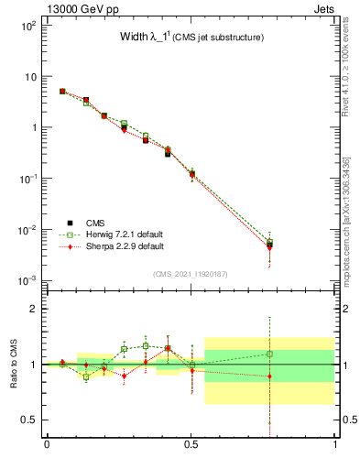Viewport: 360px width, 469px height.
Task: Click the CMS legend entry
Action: click(x=95, y=223)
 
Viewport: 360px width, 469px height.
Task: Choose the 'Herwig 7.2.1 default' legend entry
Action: click(x=117, y=234)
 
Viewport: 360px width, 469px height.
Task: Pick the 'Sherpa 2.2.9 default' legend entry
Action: click(x=118, y=246)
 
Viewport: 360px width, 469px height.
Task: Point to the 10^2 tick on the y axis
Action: click(x=27, y=26)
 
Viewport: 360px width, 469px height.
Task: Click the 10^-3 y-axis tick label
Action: click(x=27, y=279)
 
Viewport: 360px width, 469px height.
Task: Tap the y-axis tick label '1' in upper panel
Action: click(x=33, y=127)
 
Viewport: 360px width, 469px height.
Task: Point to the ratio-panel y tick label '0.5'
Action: click(x=29, y=420)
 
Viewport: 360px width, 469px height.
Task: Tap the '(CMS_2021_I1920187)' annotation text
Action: click(x=191, y=274)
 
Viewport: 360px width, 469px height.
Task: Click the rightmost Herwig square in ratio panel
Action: click(x=269, y=354)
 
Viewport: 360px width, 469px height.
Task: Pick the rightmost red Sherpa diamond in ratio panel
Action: click(x=269, y=376)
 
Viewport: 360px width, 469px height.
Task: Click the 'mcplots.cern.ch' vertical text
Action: click(x=346, y=229)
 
